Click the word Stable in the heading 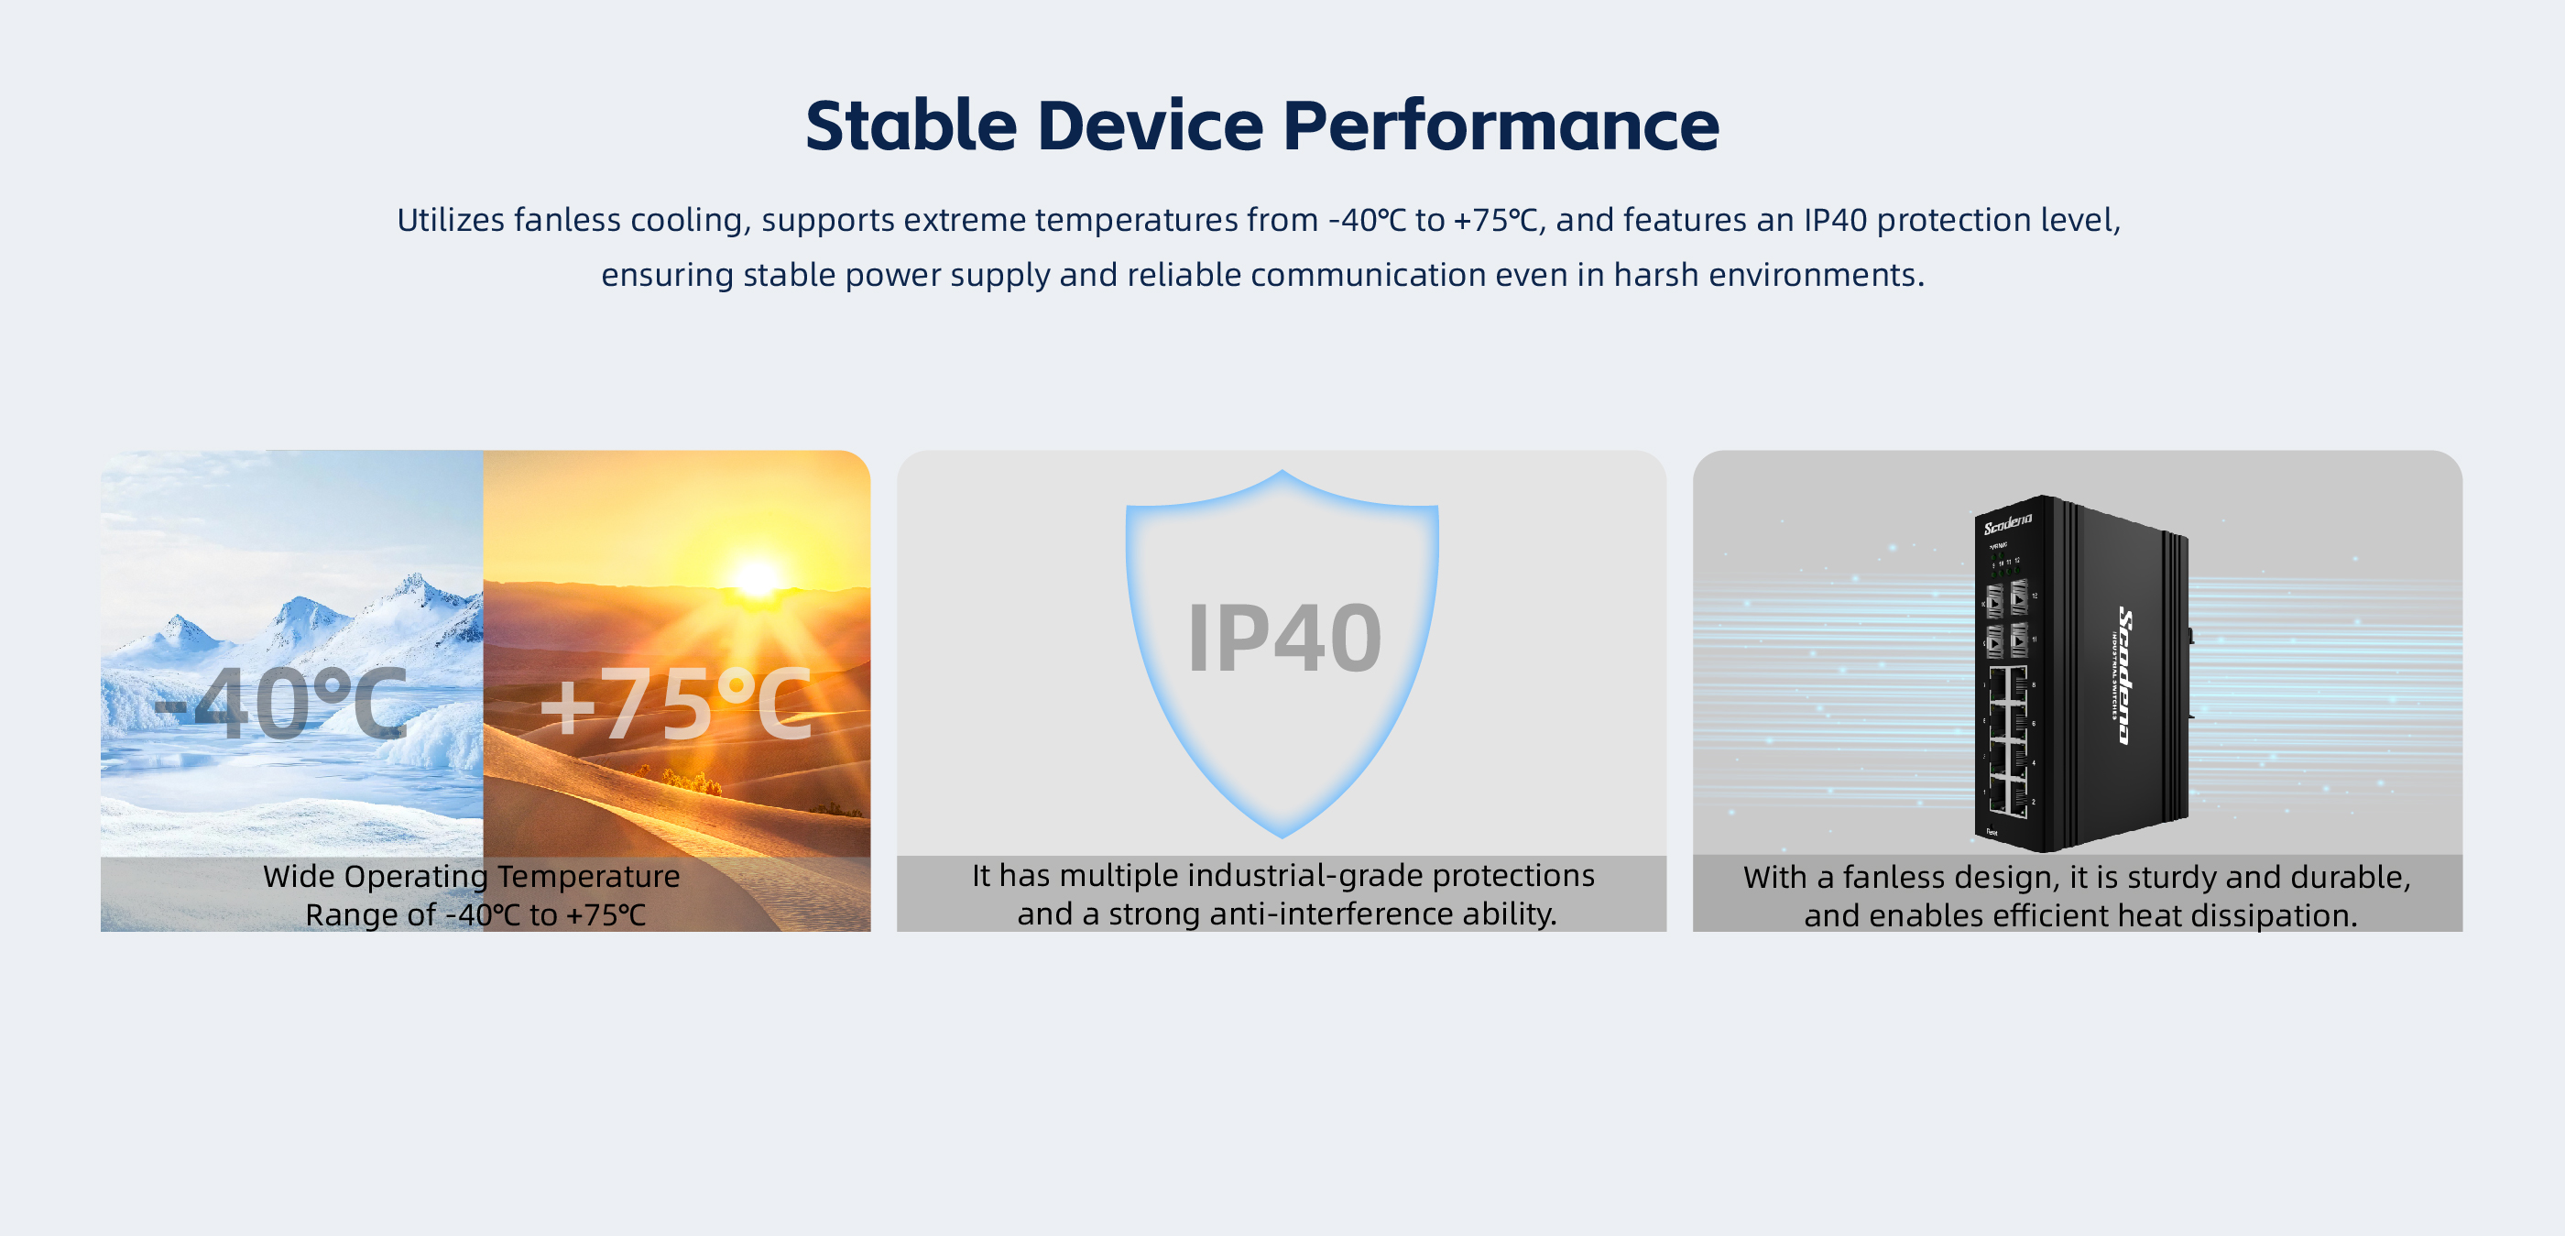(911, 126)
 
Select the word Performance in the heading (1501, 126)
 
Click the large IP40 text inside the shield (1284, 638)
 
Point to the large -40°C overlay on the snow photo (282, 703)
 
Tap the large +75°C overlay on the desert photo (676, 703)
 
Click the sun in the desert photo (757, 577)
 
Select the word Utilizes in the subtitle (451, 219)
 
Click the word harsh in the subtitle (1656, 274)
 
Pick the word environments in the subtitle (1817, 274)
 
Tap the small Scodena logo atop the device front (2007, 523)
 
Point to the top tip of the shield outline (1282, 471)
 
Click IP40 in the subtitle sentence (1835, 219)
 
